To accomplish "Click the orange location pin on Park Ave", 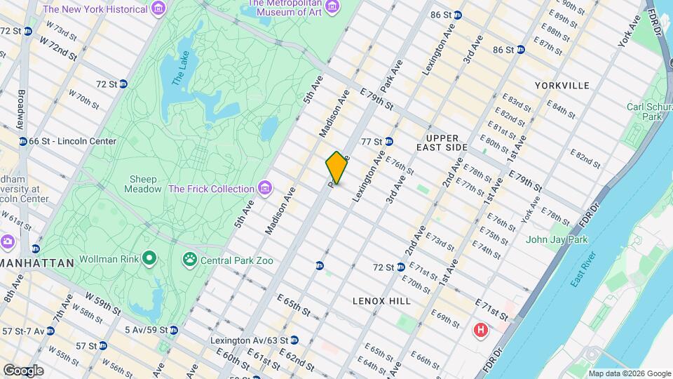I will tap(336, 168).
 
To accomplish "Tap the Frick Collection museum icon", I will tap(264, 188).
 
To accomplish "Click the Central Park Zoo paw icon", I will tap(189, 260).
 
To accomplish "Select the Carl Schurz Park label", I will tap(644, 111).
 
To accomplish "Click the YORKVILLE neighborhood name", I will tap(562, 85).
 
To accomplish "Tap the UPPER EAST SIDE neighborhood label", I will tap(447, 142).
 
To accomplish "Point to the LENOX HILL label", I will tap(382, 300).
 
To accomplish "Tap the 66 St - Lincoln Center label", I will tap(72, 141).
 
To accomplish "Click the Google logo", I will tap(23, 370).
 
